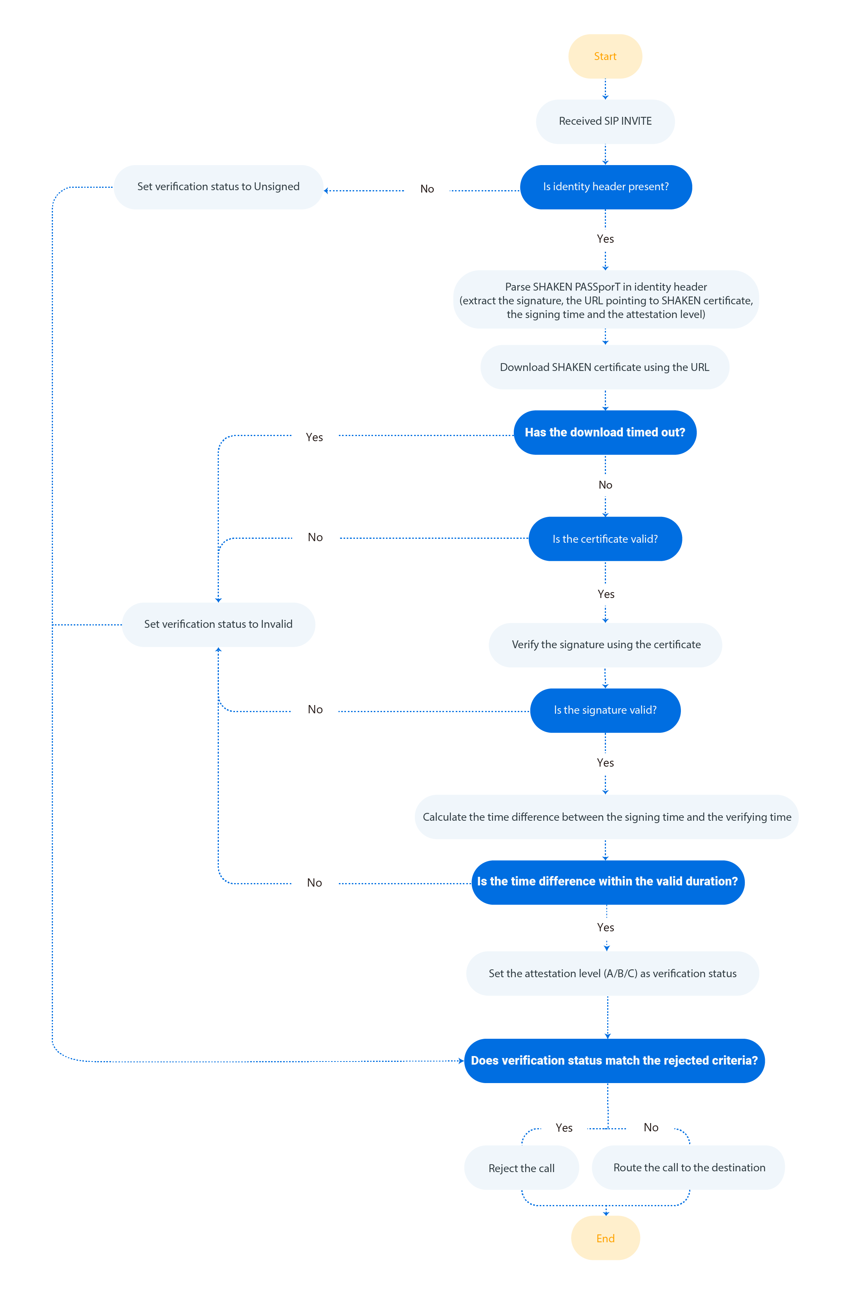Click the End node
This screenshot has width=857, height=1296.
point(605,1238)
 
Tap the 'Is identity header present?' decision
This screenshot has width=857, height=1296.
point(606,187)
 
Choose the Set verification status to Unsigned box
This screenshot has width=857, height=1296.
point(218,187)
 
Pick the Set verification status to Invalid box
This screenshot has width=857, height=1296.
point(218,624)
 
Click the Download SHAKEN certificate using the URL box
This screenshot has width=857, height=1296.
point(604,367)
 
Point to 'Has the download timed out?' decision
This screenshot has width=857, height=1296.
point(604,432)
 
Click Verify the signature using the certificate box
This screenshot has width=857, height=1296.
point(606,645)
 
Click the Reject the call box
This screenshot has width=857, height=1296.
point(521,1168)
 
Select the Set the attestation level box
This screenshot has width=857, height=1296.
point(612,973)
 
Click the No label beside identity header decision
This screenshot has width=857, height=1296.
point(427,189)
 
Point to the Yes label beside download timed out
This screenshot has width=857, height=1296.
point(314,437)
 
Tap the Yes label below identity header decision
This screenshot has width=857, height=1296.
point(605,239)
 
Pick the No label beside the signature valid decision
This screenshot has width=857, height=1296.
point(315,709)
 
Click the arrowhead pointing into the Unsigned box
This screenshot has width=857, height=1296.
point(326,191)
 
